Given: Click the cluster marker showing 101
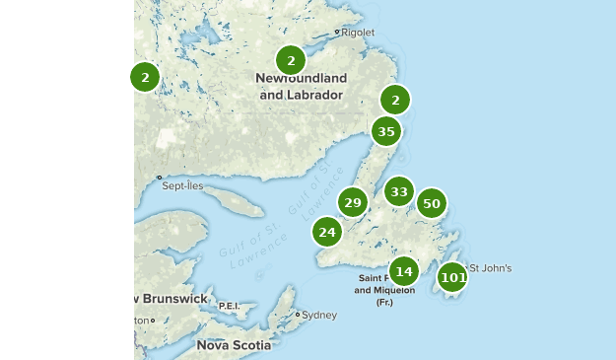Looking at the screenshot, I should click(x=452, y=277).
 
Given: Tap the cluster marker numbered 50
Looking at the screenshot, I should click(x=431, y=203).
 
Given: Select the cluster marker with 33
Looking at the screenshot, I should click(x=398, y=191).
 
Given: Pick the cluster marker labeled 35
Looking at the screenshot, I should click(x=385, y=130).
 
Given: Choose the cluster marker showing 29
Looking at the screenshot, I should click(x=352, y=202).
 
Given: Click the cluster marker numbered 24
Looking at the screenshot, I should click(x=327, y=232).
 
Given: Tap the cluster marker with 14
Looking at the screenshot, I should click(x=403, y=270).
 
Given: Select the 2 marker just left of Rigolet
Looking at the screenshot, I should click(x=291, y=60).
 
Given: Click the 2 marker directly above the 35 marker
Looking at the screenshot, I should click(x=395, y=99).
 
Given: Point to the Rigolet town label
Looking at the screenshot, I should click(x=358, y=32).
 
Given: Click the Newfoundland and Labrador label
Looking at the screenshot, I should click(x=301, y=86).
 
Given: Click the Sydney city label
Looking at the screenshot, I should click(x=319, y=315).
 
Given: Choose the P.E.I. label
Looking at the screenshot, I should click(x=229, y=306).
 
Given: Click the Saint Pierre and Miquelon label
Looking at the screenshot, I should click(x=384, y=290).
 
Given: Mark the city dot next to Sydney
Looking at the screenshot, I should click(x=298, y=315).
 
